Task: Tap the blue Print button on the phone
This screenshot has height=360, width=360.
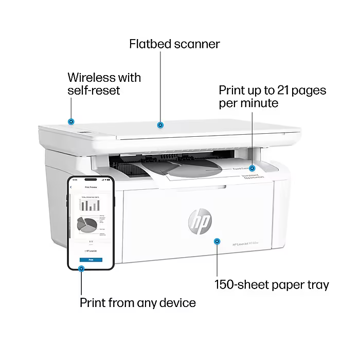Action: coord(91,260)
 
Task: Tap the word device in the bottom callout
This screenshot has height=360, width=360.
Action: coord(176,303)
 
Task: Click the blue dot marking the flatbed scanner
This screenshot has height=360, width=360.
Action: coord(160,124)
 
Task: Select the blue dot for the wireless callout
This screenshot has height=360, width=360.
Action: coord(71,121)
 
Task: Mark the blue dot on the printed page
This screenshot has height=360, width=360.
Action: coord(252,168)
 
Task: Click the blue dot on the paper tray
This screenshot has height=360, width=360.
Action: coord(217,241)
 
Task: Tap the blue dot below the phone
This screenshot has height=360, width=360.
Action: coord(81,268)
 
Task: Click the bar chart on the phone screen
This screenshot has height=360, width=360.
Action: coord(90,205)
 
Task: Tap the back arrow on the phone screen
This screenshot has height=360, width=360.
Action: coord(71,187)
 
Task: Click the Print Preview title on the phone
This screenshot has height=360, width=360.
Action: coord(91,187)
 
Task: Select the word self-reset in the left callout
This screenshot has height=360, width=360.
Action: coord(94,91)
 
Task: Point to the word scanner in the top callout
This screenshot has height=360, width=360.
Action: coord(196,44)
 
